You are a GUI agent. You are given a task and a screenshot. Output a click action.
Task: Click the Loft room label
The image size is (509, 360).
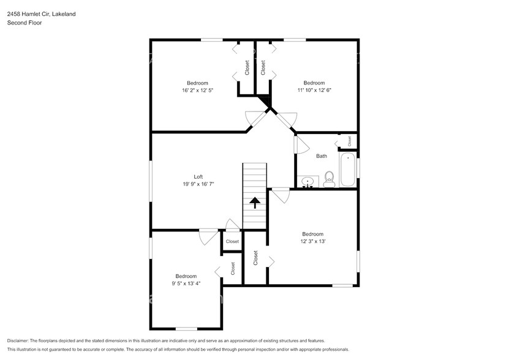198,176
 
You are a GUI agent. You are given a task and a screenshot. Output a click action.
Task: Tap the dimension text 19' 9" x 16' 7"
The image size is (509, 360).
198,183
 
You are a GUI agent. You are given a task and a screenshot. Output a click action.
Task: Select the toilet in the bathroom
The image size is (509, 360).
329,178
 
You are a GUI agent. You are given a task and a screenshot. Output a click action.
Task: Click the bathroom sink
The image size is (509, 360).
308,181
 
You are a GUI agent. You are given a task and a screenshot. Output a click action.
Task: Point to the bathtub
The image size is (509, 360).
348,171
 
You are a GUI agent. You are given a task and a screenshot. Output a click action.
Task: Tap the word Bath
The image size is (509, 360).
322,156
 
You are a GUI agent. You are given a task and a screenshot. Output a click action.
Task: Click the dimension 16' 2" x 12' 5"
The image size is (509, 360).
197,90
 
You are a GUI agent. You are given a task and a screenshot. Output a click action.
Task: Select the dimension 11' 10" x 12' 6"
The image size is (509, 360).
314,90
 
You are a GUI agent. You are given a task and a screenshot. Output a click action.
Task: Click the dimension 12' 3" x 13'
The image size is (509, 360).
312,241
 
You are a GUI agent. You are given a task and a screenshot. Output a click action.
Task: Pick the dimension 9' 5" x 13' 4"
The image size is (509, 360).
186,283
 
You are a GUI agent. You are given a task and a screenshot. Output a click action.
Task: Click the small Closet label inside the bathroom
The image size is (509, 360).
349,141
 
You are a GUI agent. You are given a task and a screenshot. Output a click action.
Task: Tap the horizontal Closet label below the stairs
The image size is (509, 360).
232,241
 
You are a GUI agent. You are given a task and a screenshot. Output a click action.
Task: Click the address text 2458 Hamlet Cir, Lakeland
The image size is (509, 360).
42,13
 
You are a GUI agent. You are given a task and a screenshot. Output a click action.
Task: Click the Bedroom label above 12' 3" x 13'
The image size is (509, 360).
312,234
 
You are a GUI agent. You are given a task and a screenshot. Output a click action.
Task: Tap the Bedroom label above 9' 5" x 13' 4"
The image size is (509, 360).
186,276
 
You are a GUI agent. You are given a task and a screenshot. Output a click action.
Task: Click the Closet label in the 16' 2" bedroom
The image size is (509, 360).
247,67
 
